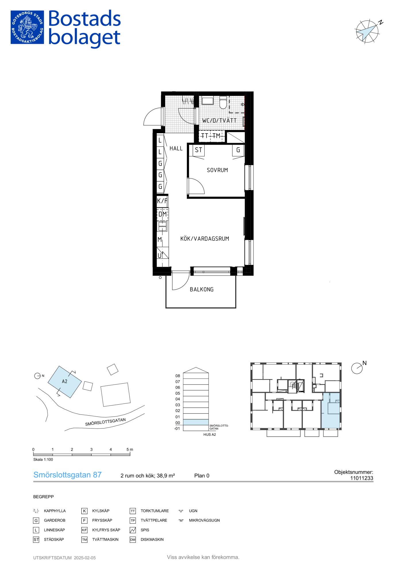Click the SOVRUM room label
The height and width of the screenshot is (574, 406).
[217, 170]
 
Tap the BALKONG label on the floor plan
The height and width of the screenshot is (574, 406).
[202, 290]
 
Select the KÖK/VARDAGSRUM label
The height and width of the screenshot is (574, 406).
[205, 238]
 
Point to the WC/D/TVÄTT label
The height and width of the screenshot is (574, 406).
[219, 121]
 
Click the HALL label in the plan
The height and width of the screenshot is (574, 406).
[176, 148]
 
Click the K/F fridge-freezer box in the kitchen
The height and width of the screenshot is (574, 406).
[162, 201]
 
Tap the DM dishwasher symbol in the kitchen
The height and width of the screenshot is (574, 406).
[163, 214]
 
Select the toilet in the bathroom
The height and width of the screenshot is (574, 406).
[223, 103]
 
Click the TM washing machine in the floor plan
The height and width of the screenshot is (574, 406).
[216, 136]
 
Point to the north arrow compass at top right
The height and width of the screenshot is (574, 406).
[367, 31]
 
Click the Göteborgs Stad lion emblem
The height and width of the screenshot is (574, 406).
[27, 27]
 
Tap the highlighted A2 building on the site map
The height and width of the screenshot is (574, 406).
[65, 382]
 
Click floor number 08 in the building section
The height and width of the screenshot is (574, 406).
[178, 376]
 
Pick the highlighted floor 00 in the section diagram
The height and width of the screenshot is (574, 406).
[196, 422]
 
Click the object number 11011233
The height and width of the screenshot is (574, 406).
[362, 478]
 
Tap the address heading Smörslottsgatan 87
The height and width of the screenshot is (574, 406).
[68, 475]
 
